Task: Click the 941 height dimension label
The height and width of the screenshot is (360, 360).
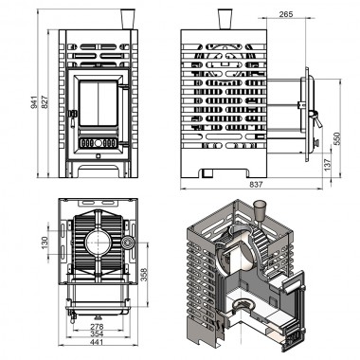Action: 33,102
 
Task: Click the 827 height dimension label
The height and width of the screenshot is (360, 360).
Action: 45,102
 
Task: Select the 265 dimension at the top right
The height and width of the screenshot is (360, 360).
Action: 286,14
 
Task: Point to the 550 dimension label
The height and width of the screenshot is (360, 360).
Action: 336,138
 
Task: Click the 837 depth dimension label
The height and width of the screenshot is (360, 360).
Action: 256,185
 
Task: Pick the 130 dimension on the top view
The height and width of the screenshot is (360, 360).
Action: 45,243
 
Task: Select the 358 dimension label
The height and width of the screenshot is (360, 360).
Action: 144,275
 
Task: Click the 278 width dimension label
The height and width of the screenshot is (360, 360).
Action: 97,327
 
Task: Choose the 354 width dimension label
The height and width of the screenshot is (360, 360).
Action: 97,333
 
